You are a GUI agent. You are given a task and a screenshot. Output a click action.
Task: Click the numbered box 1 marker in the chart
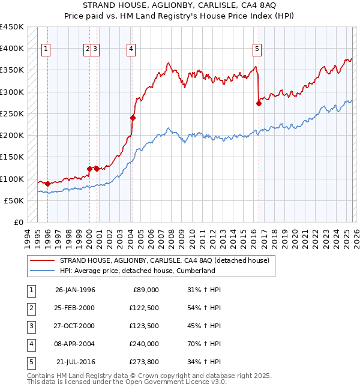46,50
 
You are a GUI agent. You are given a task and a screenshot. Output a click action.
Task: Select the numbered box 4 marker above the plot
130,50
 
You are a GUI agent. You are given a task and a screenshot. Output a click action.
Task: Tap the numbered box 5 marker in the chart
257,50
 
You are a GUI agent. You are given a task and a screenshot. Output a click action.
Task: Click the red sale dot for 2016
259,103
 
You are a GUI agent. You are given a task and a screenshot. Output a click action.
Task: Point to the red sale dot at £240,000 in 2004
133,118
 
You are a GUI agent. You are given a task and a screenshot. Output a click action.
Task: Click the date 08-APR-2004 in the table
75,344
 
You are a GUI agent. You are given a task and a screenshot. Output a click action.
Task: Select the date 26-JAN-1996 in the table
75,290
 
